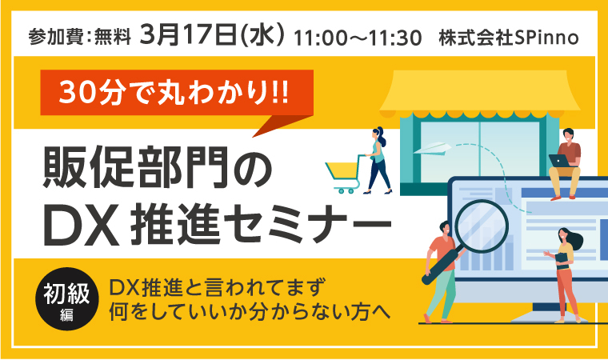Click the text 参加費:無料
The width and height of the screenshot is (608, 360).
point(79,38)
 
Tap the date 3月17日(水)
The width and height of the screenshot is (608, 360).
point(213,35)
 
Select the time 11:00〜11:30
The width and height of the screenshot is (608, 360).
point(358,38)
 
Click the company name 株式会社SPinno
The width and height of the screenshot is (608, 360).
point(508,38)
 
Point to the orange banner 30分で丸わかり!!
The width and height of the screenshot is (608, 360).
point(177,93)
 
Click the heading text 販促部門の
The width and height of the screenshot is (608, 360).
point(158,167)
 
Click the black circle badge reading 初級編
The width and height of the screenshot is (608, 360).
point(66,298)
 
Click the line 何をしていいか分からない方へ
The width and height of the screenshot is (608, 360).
point(250,312)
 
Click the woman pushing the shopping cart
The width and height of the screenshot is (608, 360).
point(377,160)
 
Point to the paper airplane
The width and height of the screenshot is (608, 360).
point(432,148)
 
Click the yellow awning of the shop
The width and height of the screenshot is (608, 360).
point(479,93)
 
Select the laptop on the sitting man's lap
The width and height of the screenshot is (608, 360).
point(559,160)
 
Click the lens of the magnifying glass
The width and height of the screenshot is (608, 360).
point(482,226)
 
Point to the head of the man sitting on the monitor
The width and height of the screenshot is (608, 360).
point(568,134)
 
